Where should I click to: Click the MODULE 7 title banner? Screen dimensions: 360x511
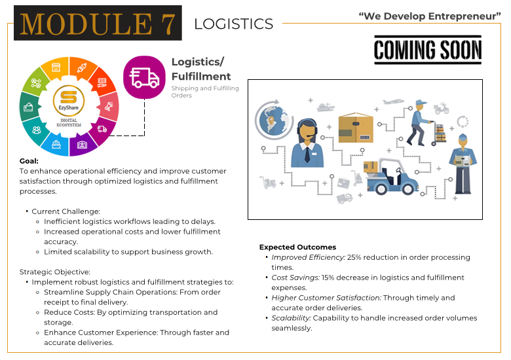98,23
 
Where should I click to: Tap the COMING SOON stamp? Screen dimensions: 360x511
427,50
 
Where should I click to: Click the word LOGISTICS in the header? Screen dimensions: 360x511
233,24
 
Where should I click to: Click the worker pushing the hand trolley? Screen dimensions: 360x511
417,122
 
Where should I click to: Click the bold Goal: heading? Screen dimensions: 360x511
29,160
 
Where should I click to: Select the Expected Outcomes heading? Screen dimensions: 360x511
297,247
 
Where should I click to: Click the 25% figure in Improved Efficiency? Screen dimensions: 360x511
354,257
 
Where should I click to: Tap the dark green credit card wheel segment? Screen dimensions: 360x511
29,106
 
